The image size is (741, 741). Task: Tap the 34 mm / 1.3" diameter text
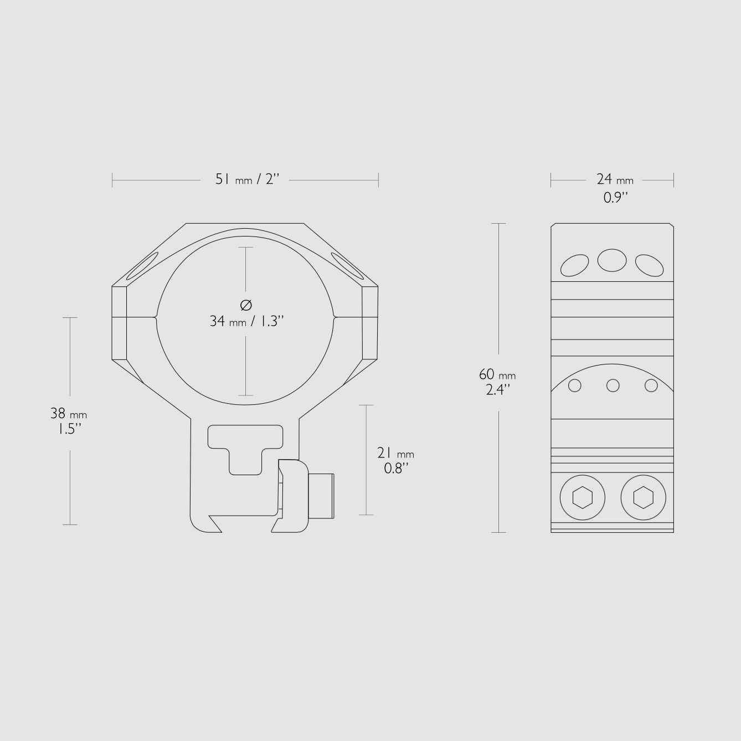pos(246,321)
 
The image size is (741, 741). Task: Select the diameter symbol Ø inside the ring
pos(246,305)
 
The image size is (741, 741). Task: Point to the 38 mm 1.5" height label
pos(69,421)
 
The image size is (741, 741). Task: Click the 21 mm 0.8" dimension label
pos(395,460)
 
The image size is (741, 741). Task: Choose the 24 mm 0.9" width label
pos(615,188)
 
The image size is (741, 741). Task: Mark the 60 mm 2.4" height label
pos(497,382)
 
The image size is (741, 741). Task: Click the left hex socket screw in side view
pos(582,497)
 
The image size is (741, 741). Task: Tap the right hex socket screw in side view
pos(643,497)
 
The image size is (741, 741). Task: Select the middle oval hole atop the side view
pos(612,260)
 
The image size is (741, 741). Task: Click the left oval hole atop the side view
pos(575,265)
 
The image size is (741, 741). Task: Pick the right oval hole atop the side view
pos(649,265)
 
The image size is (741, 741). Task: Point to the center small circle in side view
pos(613,385)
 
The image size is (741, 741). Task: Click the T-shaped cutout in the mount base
pos(246,446)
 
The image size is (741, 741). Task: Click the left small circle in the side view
pos(575,385)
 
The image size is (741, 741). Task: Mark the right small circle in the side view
pos(651,385)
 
